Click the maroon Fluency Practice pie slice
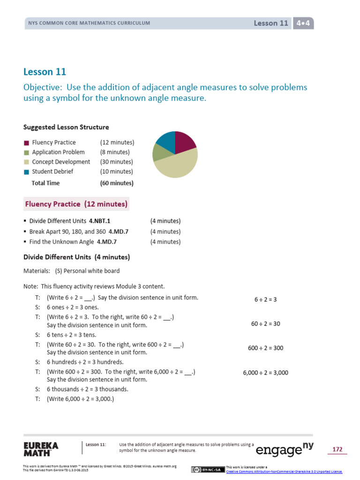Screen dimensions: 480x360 coord(184,142)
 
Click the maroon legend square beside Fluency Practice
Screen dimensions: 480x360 coord(26,142)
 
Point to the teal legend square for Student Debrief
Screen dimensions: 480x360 coord(26,172)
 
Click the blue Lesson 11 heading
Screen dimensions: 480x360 coord(45,72)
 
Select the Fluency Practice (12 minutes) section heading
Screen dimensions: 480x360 coord(76,204)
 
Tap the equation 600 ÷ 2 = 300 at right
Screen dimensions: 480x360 coord(265,348)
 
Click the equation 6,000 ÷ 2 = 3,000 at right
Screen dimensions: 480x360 coord(265,373)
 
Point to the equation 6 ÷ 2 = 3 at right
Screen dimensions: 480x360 coord(265,299)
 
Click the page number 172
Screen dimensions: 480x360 coord(337,450)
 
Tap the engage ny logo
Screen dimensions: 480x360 coord(284,449)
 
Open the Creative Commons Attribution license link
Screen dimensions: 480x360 coord(284,472)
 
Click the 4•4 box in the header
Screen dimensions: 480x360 coord(303,23)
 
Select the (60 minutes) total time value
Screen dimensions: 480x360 coord(117,183)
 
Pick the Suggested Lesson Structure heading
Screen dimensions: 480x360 coord(66,127)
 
